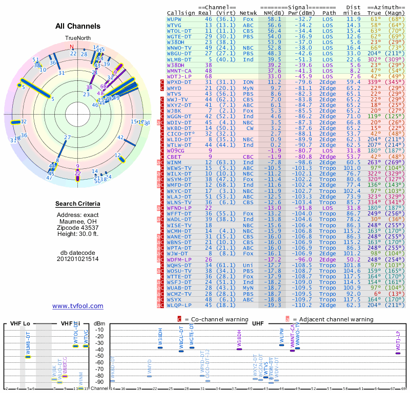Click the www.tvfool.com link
[x=78, y=306]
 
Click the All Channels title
[x=78, y=26]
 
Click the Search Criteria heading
[x=78, y=204]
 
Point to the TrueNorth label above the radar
[x=77, y=38]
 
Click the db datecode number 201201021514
[x=78, y=259]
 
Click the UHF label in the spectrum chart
[x=258, y=324]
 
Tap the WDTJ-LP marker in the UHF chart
[x=398, y=352]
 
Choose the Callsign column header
[x=181, y=12]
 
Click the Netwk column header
[x=248, y=12]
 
